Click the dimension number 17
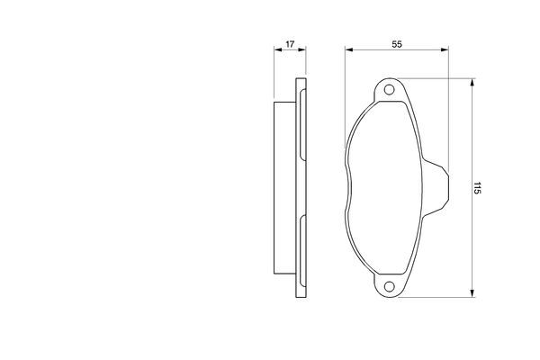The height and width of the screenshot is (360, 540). point(290,43)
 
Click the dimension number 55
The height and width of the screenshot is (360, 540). point(396,43)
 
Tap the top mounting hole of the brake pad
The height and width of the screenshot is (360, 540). point(390,90)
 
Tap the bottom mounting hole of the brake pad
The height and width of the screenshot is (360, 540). point(390,287)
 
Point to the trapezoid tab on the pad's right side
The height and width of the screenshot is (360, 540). point(439,189)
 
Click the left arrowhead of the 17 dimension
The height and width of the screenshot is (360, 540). point(275,51)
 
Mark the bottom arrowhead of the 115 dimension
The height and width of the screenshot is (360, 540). point(471,293)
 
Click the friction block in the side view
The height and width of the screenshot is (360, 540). point(283,188)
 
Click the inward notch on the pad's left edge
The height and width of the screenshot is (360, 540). point(348,188)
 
